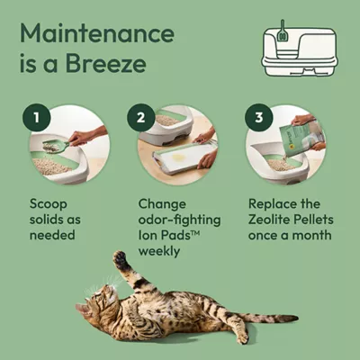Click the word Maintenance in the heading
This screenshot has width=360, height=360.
(x=97, y=33)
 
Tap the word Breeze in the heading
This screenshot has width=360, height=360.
(x=106, y=63)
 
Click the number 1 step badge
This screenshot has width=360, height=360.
(x=36, y=117)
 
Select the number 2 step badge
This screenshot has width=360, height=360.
(x=141, y=117)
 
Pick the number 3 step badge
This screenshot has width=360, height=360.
(x=259, y=117)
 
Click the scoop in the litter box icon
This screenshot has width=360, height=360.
(x=283, y=31)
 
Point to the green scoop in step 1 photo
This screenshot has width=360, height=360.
(x=56, y=146)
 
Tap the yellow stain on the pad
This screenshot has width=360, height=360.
(x=177, y=157)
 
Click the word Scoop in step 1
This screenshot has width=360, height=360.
(x=49, y=204)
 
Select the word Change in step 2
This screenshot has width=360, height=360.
(x=162, y=204)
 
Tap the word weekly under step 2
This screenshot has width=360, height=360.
(x=159, y=251)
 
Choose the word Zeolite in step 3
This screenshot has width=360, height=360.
(x=269, y=220)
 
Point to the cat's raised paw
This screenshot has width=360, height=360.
(x=121, y=258)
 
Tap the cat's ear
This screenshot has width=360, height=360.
(x=82, y=309)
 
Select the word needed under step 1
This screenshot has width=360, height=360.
(x=52, y=235)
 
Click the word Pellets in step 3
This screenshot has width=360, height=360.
(x=313, y=220)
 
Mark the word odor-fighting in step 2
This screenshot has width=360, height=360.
(x=179, y=220)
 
